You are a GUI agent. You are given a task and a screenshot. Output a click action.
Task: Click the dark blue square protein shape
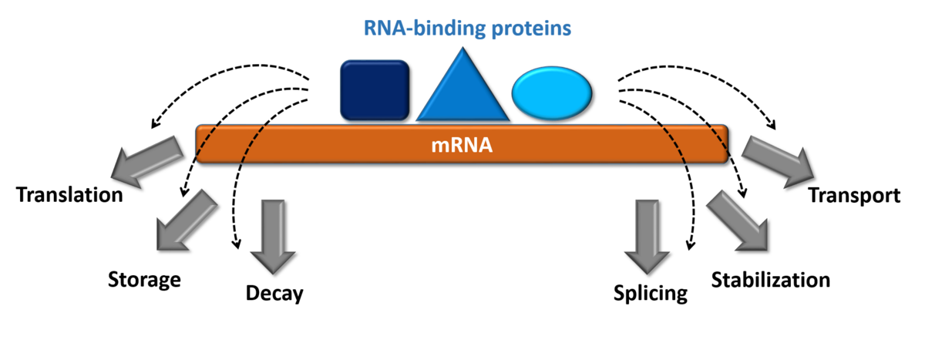pos(375,90)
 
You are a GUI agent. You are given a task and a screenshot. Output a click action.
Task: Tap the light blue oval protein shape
pos(553,93)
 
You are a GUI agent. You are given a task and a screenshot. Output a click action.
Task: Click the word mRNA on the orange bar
pos(462,145)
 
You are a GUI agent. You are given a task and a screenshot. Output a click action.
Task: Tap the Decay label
pos(275,293)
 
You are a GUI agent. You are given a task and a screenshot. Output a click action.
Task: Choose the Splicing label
pos(649,293)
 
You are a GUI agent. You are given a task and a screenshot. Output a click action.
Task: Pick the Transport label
pos(853,195)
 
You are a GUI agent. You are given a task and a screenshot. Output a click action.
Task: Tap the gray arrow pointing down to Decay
pos(274,236)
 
